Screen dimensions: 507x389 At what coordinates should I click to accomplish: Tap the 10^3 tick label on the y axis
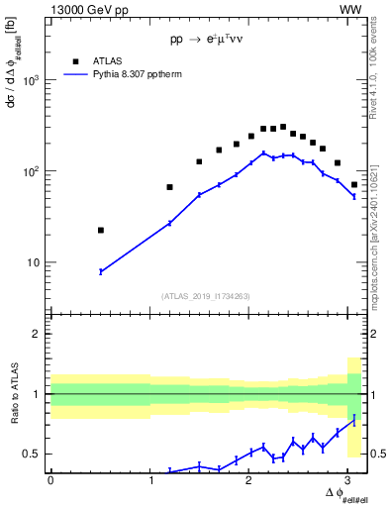(x=32, y=80)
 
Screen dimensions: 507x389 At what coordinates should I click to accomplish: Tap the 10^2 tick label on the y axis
(x=32, y=171)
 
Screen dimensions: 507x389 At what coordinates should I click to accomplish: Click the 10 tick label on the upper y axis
(x=35, y=262)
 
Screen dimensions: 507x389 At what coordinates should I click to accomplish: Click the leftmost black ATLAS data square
(x=100, y=230)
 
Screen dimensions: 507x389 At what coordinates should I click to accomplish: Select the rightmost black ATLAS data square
(x=354, y=184)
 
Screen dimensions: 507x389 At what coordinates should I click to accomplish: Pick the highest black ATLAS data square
(x=283, y=127)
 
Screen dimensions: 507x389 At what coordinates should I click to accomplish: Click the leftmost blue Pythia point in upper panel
(x=100, y=271)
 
